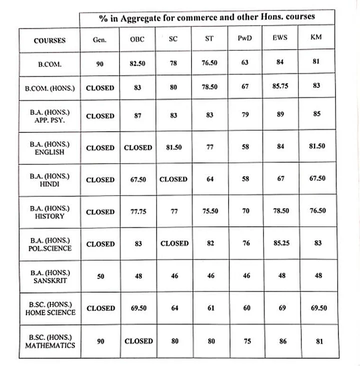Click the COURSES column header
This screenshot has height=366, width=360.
tap(49, 40)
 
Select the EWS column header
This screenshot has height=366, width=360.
tap(280, 37)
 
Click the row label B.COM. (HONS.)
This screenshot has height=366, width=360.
tap(49, 88)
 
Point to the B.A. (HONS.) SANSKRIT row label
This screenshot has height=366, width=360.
tap(49, 276)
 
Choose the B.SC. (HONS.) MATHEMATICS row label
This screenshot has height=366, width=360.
tap(49, 341)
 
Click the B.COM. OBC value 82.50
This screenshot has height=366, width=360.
tap(137, 63)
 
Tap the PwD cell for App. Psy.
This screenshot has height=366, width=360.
tap(245, 115)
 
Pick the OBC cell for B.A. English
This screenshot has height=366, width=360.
tap(138, 148)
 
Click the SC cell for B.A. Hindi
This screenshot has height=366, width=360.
tap(173, 179)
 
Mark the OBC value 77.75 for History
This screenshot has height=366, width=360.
tap(137, 211)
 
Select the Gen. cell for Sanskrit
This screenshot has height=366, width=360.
tap(100, 276)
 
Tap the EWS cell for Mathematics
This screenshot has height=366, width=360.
tap(282, 341)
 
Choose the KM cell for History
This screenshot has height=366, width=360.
tap(317, 211)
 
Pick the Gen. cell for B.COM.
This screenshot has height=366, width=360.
tap(100, 63)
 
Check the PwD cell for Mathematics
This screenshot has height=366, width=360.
tap(245, 341)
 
